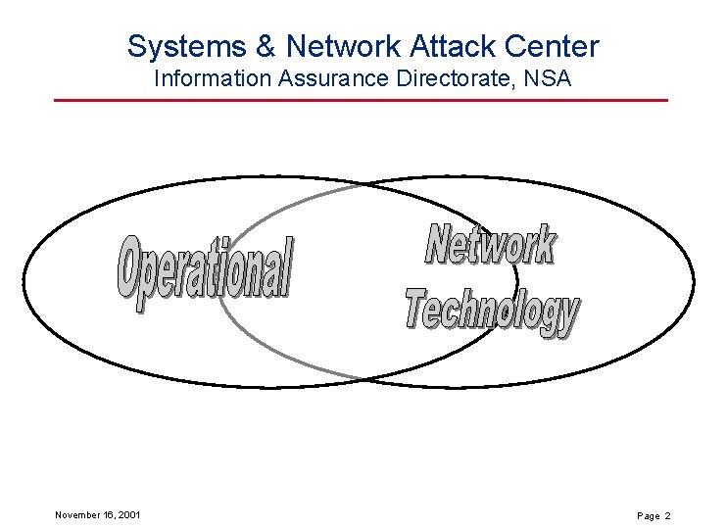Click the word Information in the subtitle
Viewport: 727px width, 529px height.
pyautogui.click(x=206, y=77)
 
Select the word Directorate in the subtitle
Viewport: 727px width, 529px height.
pyautogui.click(x=447, y=77)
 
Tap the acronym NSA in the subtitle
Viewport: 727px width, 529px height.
pyautogui.click(x=548, y=77)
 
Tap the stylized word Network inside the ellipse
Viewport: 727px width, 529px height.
pyautogui.click(x=491, y=245)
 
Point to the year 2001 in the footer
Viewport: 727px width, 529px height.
pyautogui.click(x=127, y=514)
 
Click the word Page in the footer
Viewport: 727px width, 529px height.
pyautogui.click(x=649, y=515)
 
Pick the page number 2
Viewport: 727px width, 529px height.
pyautogui.click(x=667, y=515)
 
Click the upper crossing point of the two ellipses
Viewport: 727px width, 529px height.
pyautogui.click(x=361, y=185)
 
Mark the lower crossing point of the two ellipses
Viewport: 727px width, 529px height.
pyautogui.click(x=361, y=379)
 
